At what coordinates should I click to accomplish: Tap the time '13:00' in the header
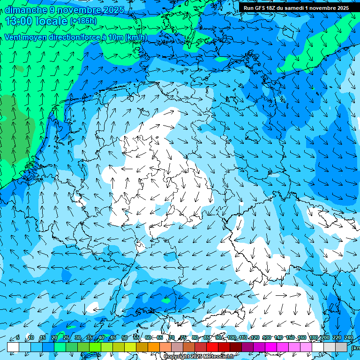(x=21, y=21)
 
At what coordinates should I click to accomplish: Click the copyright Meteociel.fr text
(x=199, y=357)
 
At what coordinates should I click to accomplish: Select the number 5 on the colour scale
(x=17, y=338)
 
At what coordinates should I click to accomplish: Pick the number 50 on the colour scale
(x=125, y=338)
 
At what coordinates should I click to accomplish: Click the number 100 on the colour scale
(x=231, y=338)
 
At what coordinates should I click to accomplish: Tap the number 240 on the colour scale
(x=348, y=338)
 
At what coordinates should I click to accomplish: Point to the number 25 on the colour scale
(x=66, y=338)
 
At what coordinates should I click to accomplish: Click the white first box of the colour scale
(x=13, y=347)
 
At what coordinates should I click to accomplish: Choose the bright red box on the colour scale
(x=212, y=347)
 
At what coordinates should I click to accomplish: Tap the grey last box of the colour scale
(x=341, y=347)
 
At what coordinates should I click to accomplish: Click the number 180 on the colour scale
(x=314, y=338)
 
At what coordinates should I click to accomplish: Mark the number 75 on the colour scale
(x=183, y=338)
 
